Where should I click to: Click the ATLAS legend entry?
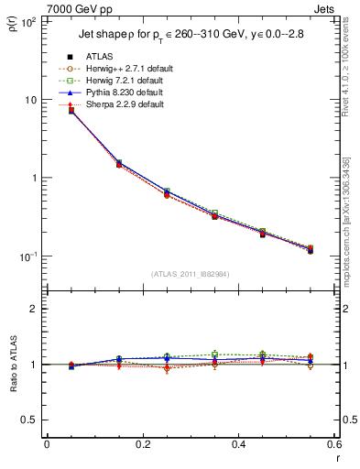(x=98, y=56)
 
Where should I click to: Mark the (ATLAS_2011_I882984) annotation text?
(x=191, y=274)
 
